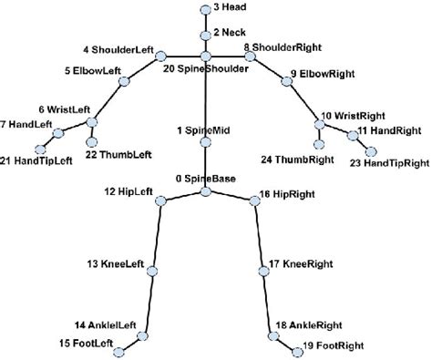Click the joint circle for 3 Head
click(205, 9)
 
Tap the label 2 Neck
click(229, 32)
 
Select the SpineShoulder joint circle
click(206, 57)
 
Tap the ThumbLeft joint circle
click(91, 140)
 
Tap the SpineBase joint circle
click(206, 190)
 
